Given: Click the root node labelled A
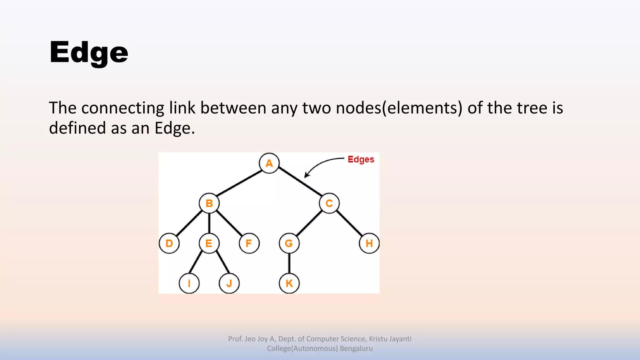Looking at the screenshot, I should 269,163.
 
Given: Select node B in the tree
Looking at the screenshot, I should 209,203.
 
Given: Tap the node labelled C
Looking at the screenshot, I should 329,203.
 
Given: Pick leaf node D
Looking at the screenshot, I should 169,243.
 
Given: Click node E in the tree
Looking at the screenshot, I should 209,243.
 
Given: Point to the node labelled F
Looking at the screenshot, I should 249,243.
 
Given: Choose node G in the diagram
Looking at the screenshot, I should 289,243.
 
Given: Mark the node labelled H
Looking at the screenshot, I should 369,243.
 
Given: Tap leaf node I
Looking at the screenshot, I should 189,283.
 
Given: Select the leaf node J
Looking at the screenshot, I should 229,283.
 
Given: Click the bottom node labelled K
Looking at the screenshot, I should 289,283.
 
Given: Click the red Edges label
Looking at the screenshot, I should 361,159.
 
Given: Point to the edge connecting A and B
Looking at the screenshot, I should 239,183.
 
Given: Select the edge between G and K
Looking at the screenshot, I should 289,263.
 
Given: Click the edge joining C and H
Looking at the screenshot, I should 349,223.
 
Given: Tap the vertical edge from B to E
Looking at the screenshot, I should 209,223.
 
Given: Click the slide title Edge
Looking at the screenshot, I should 89,52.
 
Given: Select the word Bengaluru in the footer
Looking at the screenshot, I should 356,348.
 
